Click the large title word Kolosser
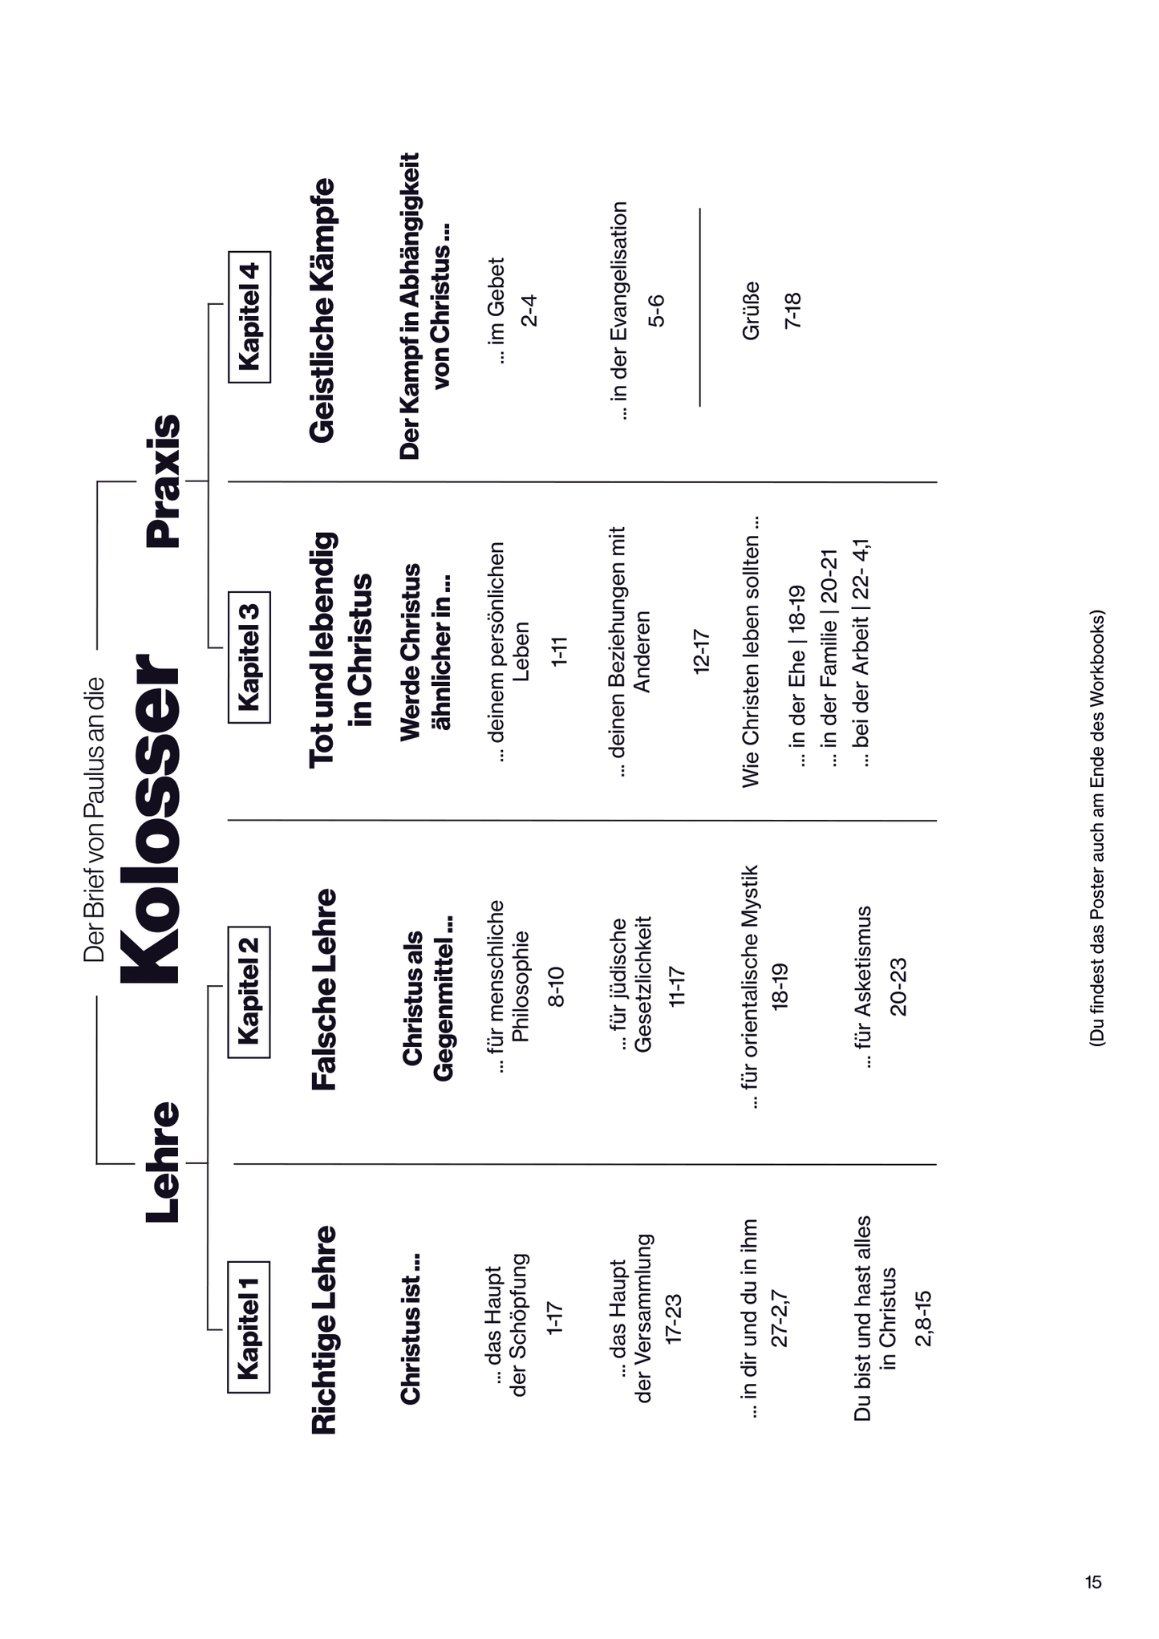(152, 819)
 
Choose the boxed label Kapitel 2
(249, 992)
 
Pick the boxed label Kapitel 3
(249, 657)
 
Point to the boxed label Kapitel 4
(249, 317)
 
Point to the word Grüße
(751, 310)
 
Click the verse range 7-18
(792, 310)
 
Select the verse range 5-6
(656, 310)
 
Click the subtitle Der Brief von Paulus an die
(94, 819)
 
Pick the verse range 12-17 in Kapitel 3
(701, 651)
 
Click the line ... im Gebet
(496, 310)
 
